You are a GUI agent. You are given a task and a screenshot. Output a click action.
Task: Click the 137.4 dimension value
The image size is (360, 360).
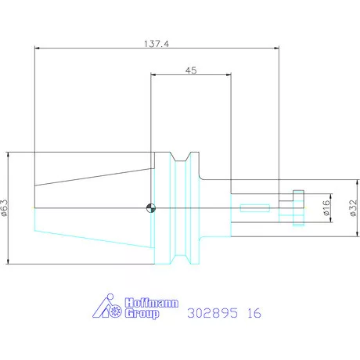(x=157, y=44)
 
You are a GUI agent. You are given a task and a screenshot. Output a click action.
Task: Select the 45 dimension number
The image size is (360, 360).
(x=191, y=70)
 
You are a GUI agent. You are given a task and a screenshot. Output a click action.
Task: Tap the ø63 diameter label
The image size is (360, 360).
(x=5, y=208)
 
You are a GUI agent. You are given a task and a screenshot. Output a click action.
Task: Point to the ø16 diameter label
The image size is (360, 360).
(x=326, y=207)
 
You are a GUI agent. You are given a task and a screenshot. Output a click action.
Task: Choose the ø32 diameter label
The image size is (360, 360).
(x=353, y=208)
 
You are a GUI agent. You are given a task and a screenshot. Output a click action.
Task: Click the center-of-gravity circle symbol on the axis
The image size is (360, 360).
(x=151, y=208)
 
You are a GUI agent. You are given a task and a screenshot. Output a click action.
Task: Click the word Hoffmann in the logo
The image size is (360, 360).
(x=152, y=303)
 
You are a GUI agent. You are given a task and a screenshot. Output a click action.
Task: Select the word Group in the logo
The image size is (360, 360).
(x=142, y=313)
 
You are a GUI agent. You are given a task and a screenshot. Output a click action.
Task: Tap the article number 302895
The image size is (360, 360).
(x=213, y=313)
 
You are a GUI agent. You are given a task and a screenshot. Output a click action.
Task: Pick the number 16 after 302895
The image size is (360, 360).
(x=254, y=313)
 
